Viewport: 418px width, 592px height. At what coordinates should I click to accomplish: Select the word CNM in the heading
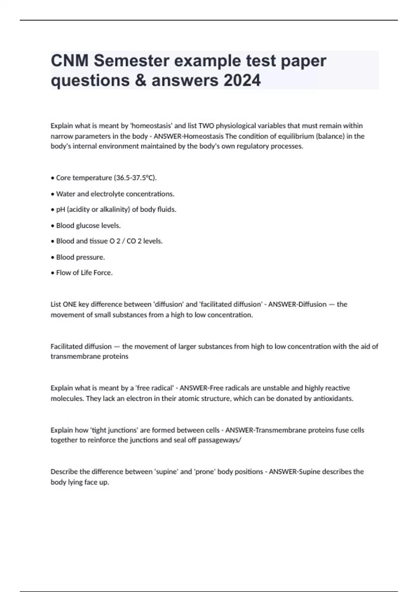(x=70, y=61)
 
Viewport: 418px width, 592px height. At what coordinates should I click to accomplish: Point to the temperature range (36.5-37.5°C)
(x=135, y=178)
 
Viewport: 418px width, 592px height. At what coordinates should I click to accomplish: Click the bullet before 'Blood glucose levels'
(x=53, y=226)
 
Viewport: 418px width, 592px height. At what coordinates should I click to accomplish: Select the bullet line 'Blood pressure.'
(x=80, y=257)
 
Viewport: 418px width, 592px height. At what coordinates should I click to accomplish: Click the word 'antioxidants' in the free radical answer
(x=333, y=399)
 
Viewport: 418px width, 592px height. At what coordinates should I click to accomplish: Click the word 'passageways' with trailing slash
(x=219, y=440)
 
